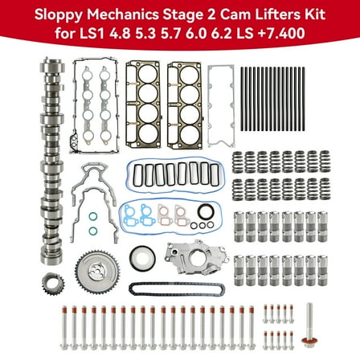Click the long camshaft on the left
click(56, 169)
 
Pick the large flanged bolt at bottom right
click(309, 325)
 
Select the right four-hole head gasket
click(185, 103)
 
